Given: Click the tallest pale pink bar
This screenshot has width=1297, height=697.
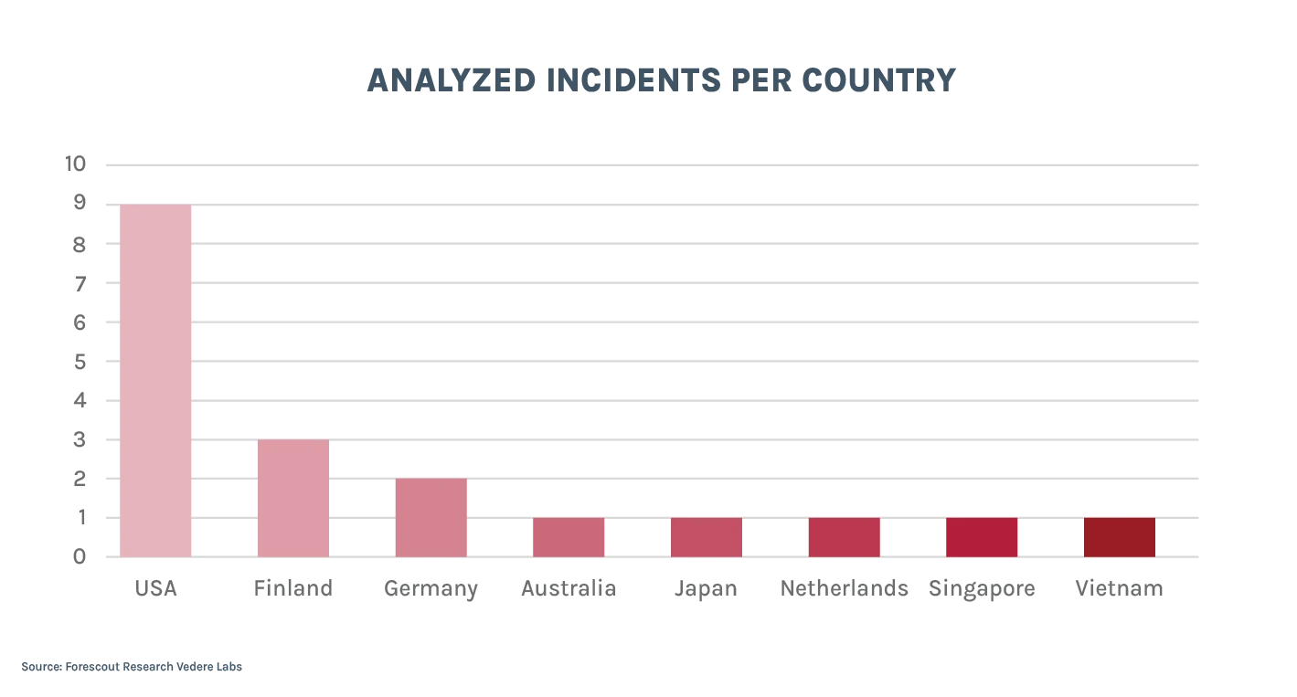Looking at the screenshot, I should (155, 380).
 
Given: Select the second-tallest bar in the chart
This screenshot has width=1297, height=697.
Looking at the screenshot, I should (292, 498).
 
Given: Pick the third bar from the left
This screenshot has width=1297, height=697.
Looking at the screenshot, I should (431, 517).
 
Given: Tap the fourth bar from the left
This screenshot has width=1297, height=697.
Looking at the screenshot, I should (569, 537).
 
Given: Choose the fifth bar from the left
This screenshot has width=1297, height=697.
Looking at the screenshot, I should (707, 537).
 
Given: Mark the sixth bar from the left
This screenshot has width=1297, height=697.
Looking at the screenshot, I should (844, 537).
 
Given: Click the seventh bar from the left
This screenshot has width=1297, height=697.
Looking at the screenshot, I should (981, 537).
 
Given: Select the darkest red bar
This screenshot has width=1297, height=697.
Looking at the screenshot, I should (1119, 537).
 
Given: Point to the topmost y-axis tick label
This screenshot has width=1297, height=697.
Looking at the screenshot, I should (74, 164).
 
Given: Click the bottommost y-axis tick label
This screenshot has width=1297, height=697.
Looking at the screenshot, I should (80, 557).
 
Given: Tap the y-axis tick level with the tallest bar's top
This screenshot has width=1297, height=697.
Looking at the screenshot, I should (80, 203).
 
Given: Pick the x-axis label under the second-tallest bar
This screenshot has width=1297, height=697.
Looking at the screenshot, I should (292, 589).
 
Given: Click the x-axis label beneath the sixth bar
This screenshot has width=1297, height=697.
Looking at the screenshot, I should (844, 589).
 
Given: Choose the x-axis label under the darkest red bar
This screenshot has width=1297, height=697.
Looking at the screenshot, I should (1119, 589).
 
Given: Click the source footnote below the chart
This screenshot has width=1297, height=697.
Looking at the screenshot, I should (134, 666).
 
